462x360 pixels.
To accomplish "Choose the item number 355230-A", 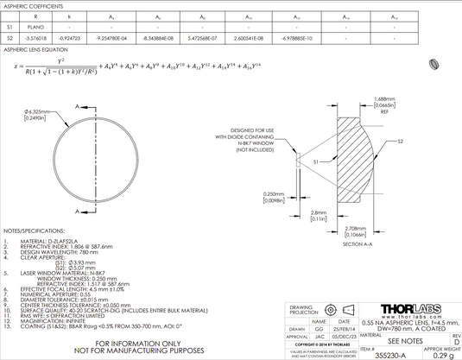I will pyautogui.click(x=392, y=353).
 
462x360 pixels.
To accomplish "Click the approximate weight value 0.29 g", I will pyautogui.click(x=442, y=353).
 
